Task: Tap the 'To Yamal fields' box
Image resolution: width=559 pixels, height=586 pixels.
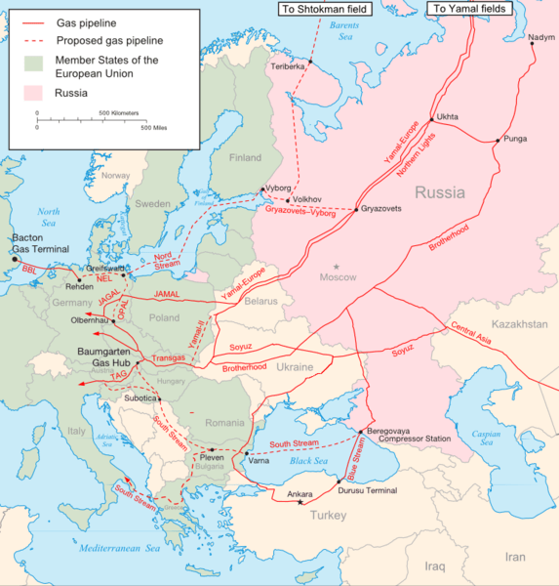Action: (x=468, y=9)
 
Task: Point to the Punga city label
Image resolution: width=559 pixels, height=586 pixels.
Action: (x=516, y=139)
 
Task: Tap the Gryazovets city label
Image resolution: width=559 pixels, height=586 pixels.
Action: (x=380, y=208)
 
